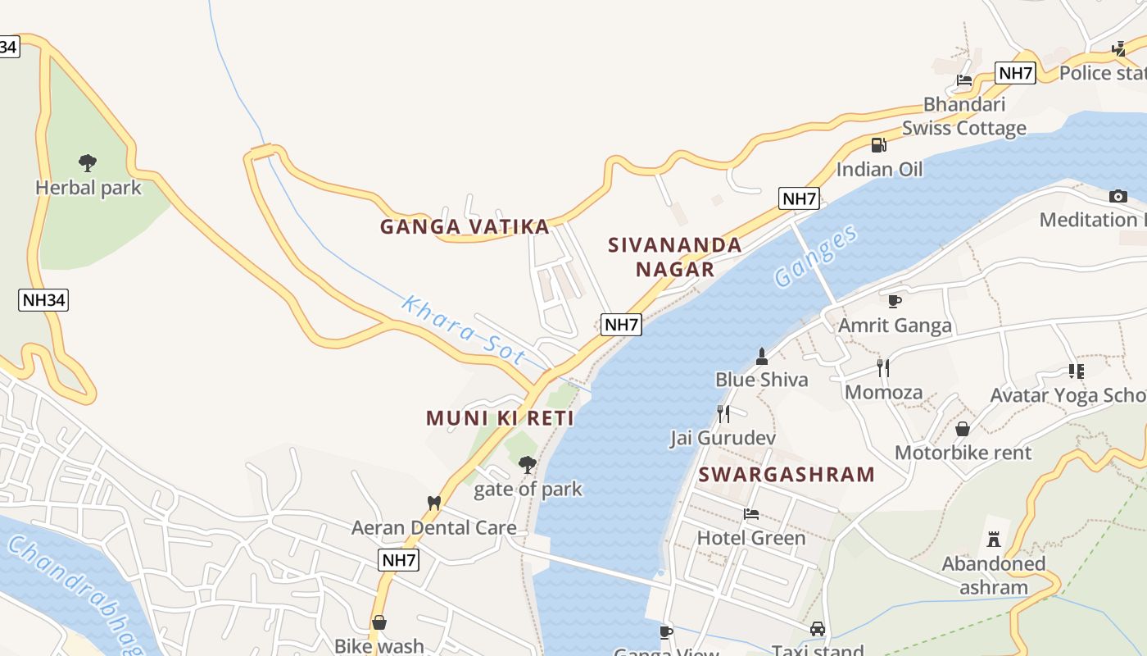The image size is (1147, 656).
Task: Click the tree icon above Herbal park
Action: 88,162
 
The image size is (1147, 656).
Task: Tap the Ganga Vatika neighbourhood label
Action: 465,226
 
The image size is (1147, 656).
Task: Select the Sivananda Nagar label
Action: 675,257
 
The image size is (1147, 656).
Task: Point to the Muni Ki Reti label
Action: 500,418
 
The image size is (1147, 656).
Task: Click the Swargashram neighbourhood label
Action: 787,474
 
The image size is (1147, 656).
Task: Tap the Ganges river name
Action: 816,255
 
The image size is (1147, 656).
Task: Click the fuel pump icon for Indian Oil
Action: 878,145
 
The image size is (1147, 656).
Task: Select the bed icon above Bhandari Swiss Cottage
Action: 964,80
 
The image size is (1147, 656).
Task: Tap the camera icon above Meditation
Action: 1118,196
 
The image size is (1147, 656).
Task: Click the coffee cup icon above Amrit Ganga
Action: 895,301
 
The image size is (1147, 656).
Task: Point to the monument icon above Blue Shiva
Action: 762,356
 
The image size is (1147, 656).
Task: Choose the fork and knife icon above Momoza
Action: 883,367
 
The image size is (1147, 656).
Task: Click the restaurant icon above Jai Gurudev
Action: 723,413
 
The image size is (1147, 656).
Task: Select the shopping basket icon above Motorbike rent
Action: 963,429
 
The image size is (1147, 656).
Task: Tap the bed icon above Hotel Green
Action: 750,514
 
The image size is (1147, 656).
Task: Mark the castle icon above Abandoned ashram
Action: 994,540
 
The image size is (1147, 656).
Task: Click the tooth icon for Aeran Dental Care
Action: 434,503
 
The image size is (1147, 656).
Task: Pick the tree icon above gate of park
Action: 528,465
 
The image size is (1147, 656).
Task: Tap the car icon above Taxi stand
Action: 817,629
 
